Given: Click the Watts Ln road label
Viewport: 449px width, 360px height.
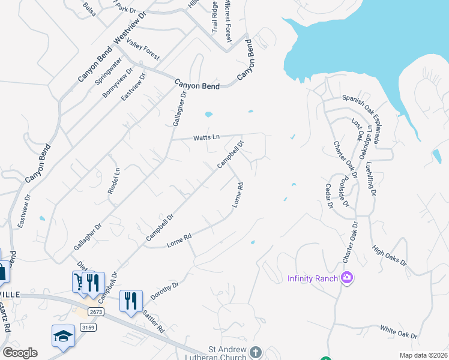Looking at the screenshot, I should click(x=206, y=137).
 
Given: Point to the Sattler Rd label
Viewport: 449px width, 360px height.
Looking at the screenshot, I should click(x=153, y=322).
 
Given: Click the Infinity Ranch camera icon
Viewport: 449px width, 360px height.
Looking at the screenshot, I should click(x=346, y=277).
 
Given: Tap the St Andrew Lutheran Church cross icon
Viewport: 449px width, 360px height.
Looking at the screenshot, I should click(x=256, y=352).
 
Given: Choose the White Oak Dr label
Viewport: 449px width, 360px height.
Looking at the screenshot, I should click(x=399, y=331).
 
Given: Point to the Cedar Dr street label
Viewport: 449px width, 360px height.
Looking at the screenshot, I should click(x=329, y=196).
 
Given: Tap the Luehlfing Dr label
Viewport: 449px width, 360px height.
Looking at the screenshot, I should click(x=370, y=179).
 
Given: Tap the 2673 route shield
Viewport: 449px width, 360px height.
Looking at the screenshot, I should click(x=95, y=312).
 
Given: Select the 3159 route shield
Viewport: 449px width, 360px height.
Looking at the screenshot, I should click(x=88, y=328).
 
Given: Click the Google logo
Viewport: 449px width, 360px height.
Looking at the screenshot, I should click(x=20, y=353).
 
